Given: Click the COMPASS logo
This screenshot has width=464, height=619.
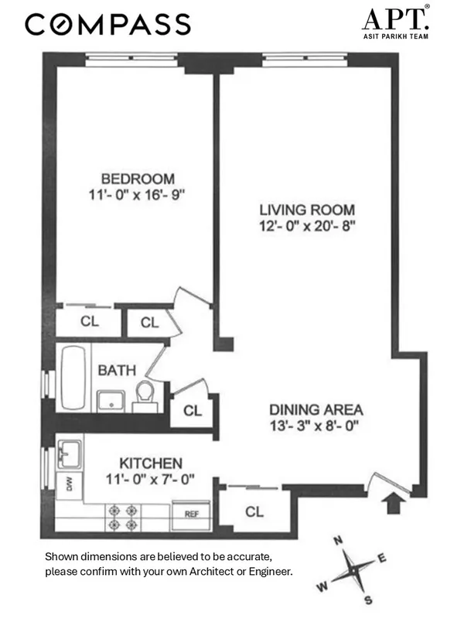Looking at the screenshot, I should click(107, 25).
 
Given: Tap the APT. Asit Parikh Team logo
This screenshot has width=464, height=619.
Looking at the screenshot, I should click(396, 24).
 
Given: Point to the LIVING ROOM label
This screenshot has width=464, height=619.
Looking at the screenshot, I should click(307, 210).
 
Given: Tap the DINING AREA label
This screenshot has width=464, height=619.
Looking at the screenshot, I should click(316, 409).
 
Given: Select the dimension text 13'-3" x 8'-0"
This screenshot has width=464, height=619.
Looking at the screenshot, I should click(316, 425).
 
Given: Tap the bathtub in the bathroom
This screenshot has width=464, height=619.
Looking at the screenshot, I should click(74, 379).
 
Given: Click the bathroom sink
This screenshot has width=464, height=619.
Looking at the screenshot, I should click(109, 401).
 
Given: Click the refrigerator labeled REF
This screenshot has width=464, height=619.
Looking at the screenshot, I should click(191, 513).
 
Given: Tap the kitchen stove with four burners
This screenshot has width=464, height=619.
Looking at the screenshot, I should click(125, 517).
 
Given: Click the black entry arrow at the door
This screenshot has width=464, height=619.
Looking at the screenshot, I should click(394, 502).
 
